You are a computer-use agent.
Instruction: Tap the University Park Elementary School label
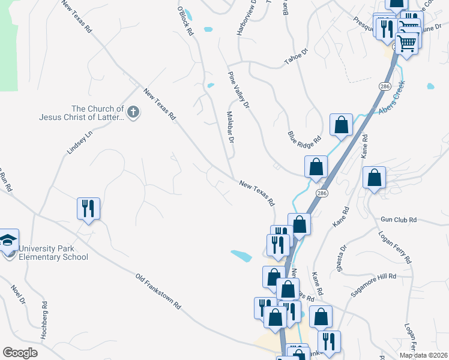click(53, 253)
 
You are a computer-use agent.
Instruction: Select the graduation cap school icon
click(8, 240)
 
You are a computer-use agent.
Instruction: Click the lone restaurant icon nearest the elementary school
click(88, 208)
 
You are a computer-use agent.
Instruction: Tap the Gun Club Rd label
click(398, 220)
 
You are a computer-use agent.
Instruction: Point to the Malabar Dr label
click(229, 127)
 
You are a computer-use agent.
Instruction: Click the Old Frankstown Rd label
click(158, 292)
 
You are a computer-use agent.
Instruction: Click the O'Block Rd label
click(185, 20)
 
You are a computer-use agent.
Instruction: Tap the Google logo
click(20, 353)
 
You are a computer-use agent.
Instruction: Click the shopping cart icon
click(407, 43)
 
